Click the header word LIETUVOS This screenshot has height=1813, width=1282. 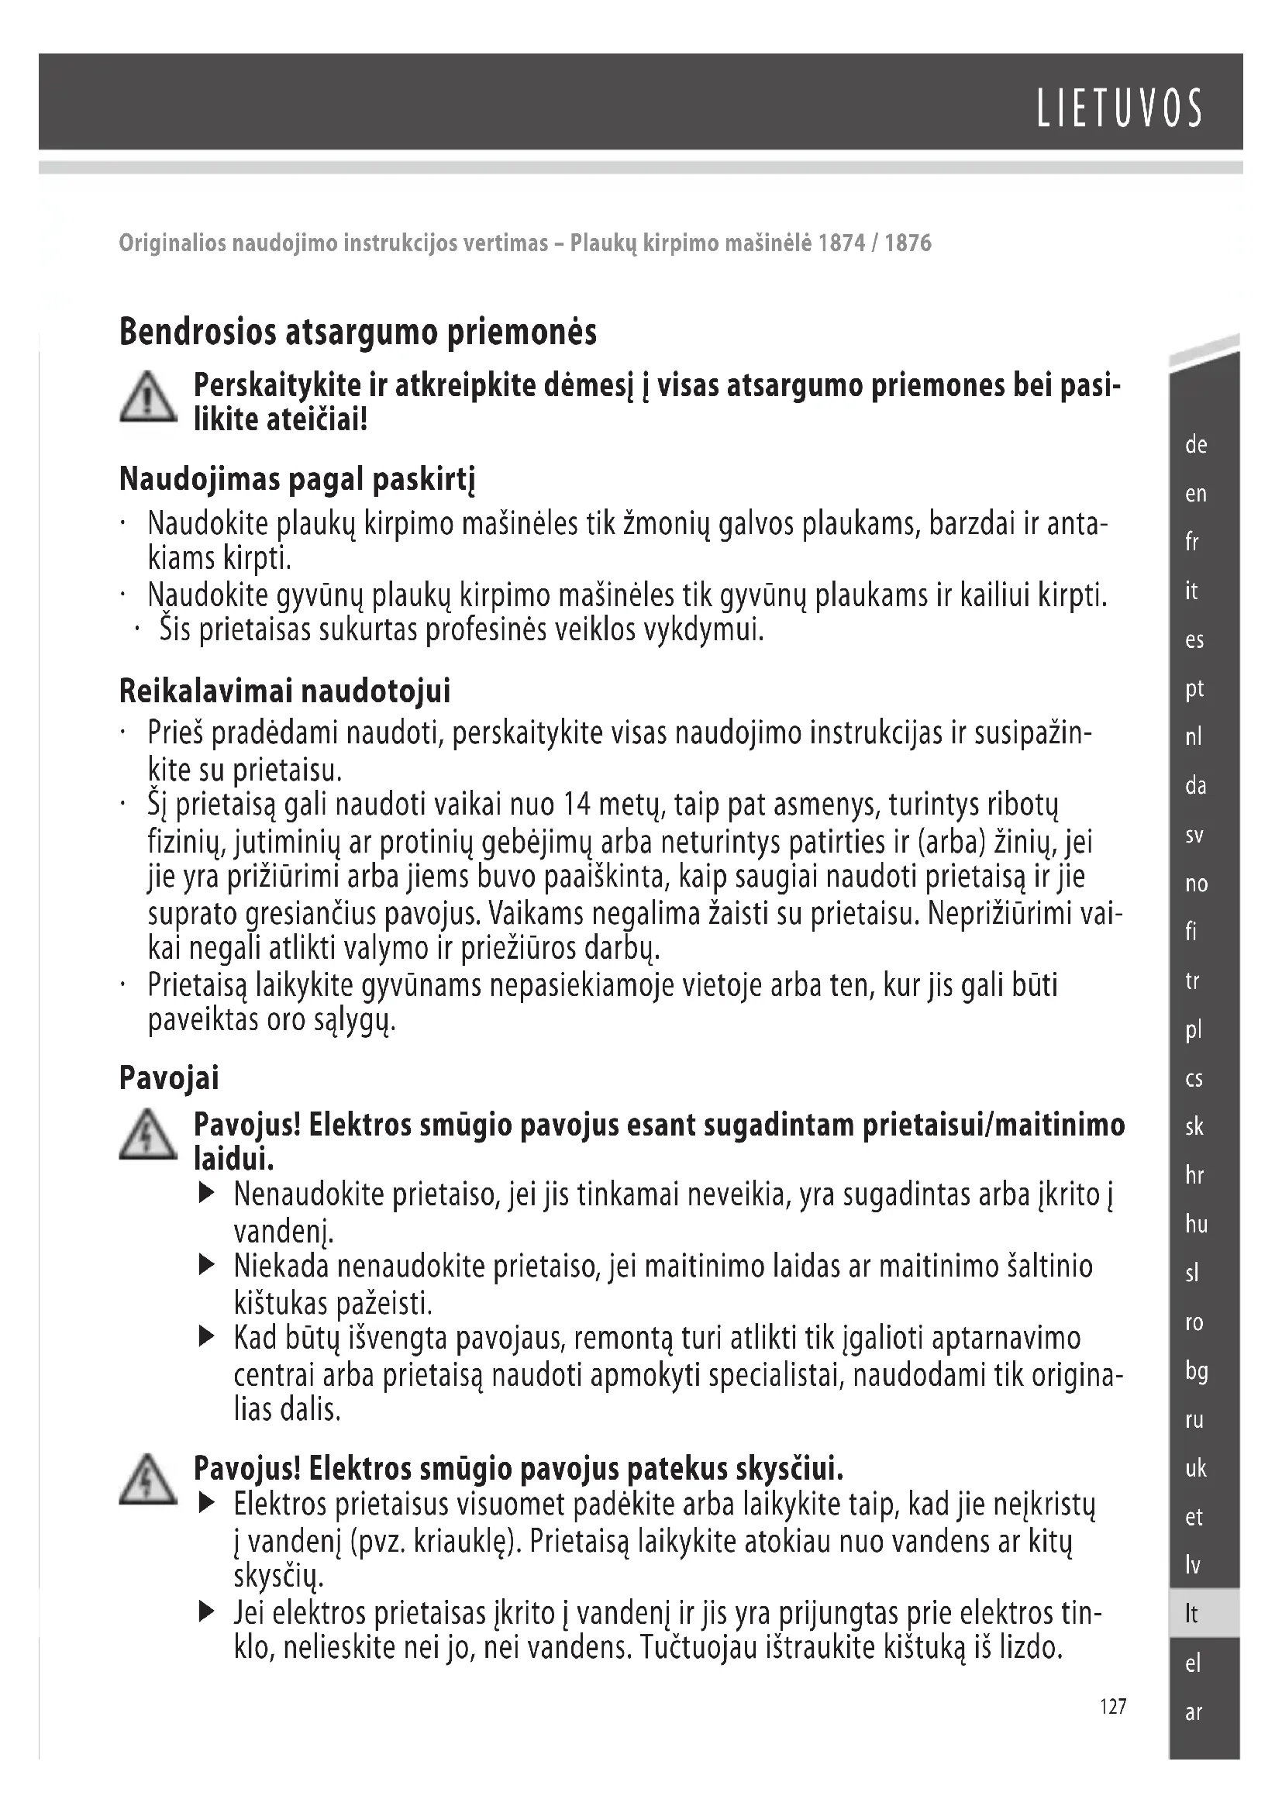(1119, 109)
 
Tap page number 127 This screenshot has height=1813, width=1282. (1113, 1706)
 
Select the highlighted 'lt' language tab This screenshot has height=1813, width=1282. (1191, 1614)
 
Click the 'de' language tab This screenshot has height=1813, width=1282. (1196, 445)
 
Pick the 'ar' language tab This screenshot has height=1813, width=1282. (1193, 1712)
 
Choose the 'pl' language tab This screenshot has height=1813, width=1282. (1194, 1029)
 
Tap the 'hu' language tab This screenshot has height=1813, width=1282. (1196, 1224)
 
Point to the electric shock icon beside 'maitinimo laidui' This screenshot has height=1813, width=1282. (147, 1136)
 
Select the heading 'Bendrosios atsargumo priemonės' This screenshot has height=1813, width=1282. (357, 333)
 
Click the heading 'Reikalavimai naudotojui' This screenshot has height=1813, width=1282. (284, 691)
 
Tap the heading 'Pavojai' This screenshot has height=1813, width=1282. (169, 1078)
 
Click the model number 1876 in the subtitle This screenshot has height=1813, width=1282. (908, 243)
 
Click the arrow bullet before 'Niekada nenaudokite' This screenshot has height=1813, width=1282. (207, 1267)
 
